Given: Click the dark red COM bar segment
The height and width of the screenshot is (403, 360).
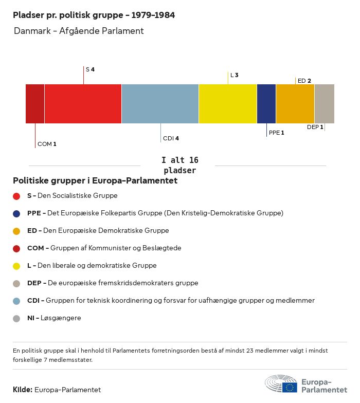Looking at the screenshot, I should (35, 104).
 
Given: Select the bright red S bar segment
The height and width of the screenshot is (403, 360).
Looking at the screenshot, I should (83, 104).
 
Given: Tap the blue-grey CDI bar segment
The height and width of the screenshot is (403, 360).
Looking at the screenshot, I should (160, 104).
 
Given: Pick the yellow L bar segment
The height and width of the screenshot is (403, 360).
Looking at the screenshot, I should (228, 104).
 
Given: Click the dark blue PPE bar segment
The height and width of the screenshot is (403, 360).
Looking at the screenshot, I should (266, 104).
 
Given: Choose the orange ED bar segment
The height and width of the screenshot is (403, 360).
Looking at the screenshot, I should (295, 104).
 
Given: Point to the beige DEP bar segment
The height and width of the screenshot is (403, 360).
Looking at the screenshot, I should (324, 104).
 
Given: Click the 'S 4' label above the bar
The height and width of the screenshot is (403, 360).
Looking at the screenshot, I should (90, 69).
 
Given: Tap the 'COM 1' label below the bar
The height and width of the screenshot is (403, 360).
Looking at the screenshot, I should (47, 144).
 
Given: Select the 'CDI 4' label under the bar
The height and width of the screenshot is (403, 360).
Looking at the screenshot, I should (171, 138).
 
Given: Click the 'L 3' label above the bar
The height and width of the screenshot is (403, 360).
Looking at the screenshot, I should (234, 75).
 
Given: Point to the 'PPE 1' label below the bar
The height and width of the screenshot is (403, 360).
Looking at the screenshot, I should (276, 133).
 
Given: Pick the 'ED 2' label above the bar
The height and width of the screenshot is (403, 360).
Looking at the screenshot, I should (304, 81).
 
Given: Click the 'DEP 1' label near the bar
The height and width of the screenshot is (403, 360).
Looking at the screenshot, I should (315, 127).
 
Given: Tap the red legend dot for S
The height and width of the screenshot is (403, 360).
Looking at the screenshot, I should (16, 196).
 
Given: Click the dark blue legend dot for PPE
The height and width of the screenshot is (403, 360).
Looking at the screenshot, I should (16, 213).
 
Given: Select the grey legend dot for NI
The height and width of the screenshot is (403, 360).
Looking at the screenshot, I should (16, 318).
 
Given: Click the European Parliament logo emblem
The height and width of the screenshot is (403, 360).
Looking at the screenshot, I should (281, 384).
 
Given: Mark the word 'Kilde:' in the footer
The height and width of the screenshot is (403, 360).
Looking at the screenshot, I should (23, 390).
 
